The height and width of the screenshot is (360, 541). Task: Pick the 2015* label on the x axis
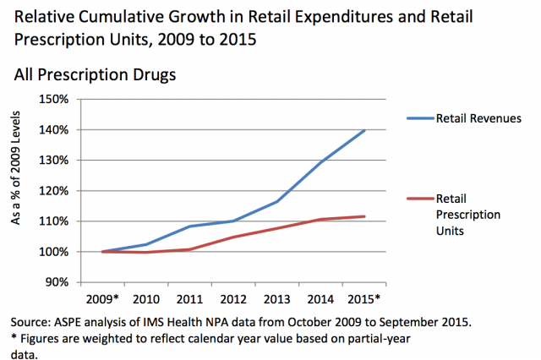point(363,300)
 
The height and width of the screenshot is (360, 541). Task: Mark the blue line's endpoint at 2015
point(364,130)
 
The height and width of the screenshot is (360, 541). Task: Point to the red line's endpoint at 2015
point(364,216)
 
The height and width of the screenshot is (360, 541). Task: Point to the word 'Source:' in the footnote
point(33,322)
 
